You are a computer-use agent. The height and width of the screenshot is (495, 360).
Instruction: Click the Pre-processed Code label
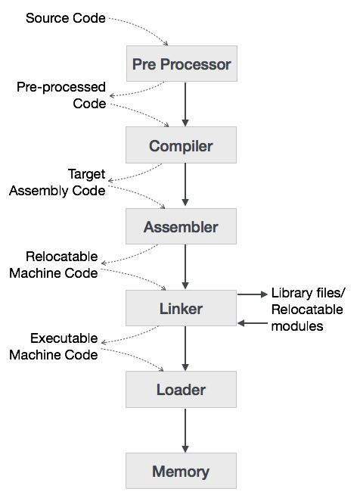(x=62, y=95)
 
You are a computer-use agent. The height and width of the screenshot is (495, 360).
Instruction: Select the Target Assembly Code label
(x=57, y=182)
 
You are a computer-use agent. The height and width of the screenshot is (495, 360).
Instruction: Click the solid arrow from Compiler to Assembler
(x=185, y=185)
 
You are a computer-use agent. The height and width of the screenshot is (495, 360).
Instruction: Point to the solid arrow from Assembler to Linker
(x=185, y=267)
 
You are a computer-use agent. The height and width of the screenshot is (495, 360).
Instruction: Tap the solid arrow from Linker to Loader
(x=185, y=349)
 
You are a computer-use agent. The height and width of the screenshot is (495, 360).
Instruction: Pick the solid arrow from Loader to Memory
(x=185, y=431)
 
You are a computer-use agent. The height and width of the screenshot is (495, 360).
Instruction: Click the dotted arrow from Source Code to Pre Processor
(x=151, y=30)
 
